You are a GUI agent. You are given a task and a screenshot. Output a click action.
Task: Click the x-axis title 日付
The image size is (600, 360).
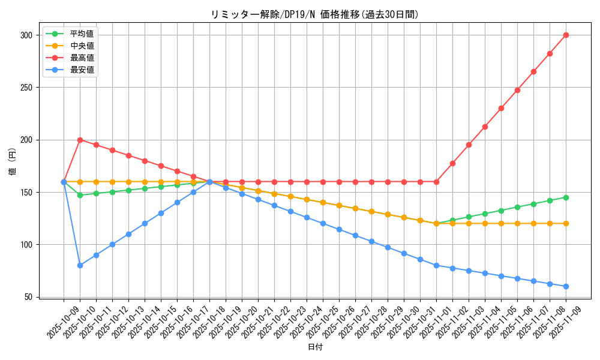[x=315, y=347]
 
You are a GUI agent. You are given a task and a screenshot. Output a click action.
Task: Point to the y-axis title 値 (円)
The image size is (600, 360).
[x=13, y=161]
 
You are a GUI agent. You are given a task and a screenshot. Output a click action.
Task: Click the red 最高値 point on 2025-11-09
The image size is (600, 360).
[x=566, y=35]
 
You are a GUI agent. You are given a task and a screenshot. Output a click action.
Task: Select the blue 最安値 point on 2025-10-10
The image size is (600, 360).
[x=80, y=265]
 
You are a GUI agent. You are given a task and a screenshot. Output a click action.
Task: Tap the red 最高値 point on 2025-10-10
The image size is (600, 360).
[x=80, y=140]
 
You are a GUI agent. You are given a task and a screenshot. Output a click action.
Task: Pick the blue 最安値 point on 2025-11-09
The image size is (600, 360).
[x=566, y=286]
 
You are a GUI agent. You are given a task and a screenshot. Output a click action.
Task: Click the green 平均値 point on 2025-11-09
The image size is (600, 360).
[x=566, y=197]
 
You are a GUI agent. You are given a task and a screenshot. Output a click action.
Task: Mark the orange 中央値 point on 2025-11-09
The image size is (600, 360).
[x=566, y=223]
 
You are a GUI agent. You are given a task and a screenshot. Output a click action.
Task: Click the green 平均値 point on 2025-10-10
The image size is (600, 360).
[x=80, y=195]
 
